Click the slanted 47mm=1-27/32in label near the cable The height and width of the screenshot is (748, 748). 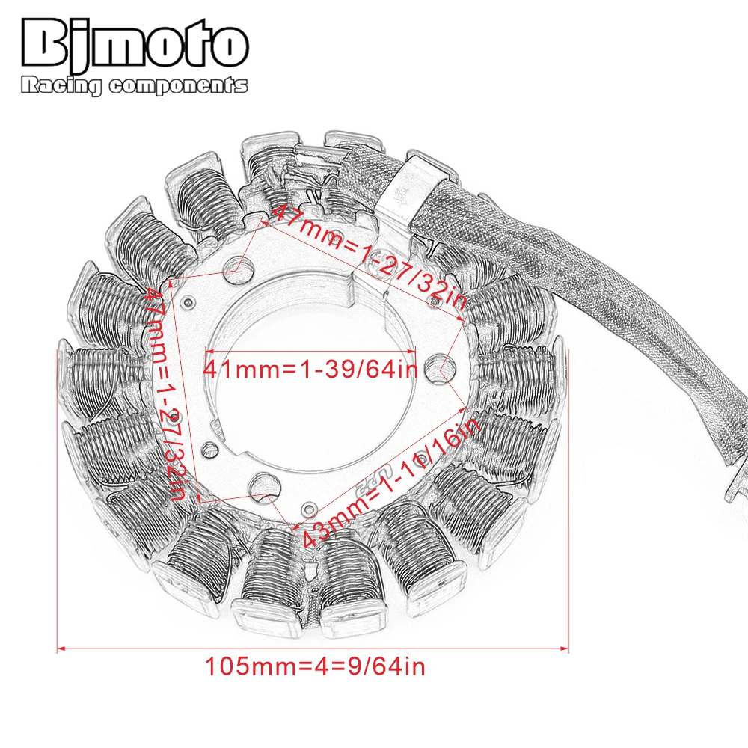click(x=367, y=258)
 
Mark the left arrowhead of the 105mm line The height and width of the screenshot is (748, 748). click(x=61, y=648)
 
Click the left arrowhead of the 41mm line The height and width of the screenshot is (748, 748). click(x=209, y=350)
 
